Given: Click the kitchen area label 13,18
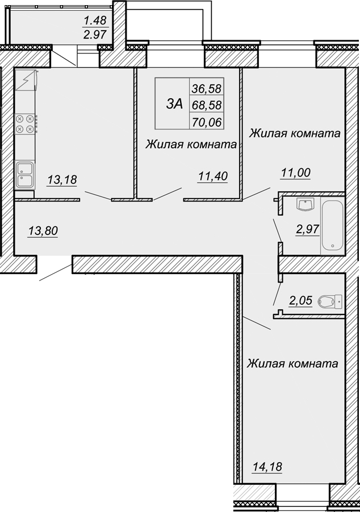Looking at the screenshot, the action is tap(62, 179).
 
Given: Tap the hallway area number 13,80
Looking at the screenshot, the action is tap(43, 231).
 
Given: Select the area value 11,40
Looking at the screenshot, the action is tap(213, 177).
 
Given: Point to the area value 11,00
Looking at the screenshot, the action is tap(295, 173).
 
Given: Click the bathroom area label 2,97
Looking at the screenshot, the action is tap(307, 229).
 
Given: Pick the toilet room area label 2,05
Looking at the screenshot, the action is tap(300, 300).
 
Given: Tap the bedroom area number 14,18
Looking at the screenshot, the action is tap(267, 467).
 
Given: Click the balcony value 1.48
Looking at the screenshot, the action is tap(95, 21).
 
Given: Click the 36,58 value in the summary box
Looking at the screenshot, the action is tap(207, 88).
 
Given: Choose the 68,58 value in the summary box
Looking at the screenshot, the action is tap(207, 105).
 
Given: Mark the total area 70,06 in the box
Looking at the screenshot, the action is tap(207, 122).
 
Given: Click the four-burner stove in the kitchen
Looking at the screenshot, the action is tap(25, 124).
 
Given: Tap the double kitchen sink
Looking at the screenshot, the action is tap(25, 175).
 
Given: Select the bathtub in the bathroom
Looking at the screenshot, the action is tap(333, 226).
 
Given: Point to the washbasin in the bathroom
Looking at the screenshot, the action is tap(305, 204).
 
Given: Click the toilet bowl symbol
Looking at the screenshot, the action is tap(329, 302).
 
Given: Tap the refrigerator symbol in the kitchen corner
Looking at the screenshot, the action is tap(25, 80).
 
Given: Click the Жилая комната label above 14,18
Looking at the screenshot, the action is tap(292, 363).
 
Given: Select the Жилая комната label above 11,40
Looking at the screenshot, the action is tap(191, 144).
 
